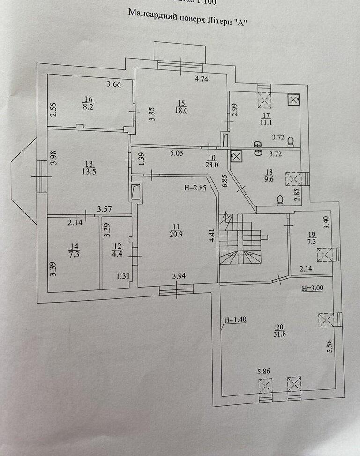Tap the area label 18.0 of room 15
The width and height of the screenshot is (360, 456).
[182, 111]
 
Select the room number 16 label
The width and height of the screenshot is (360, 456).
[88, 99]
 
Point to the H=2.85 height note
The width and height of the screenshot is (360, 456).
[195, 188]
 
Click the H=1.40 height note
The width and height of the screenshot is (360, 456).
[235, 319]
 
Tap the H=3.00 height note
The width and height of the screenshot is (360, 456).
[312, 288]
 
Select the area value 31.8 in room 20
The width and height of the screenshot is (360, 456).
[280, 336]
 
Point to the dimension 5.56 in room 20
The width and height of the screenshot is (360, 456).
[330, 346]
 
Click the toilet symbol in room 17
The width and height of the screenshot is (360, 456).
[291, 140]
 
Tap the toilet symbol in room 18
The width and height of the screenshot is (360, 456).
[281, 201]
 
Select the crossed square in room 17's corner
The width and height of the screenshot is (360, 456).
[293, 99]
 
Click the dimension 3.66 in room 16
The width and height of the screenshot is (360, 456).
[114, 85]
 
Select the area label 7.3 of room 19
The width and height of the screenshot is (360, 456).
[311, 241]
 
